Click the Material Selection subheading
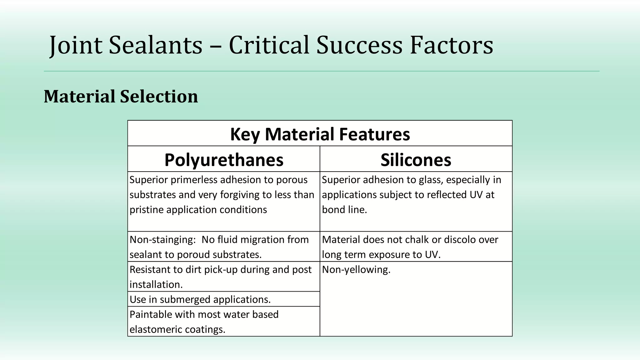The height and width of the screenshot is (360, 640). (x=121, y=96)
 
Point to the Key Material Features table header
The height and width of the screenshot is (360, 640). (x=320, y=134)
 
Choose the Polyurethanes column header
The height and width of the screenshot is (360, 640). (x=224, y=160)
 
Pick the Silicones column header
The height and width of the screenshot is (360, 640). (x=416, y=160)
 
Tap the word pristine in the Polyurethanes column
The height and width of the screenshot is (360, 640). (x=146, y=210)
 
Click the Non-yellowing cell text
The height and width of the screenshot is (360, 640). (x=356, y=269)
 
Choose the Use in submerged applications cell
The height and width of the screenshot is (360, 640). (x=200, y=299)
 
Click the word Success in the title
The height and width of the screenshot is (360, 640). (x=359, y=45)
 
